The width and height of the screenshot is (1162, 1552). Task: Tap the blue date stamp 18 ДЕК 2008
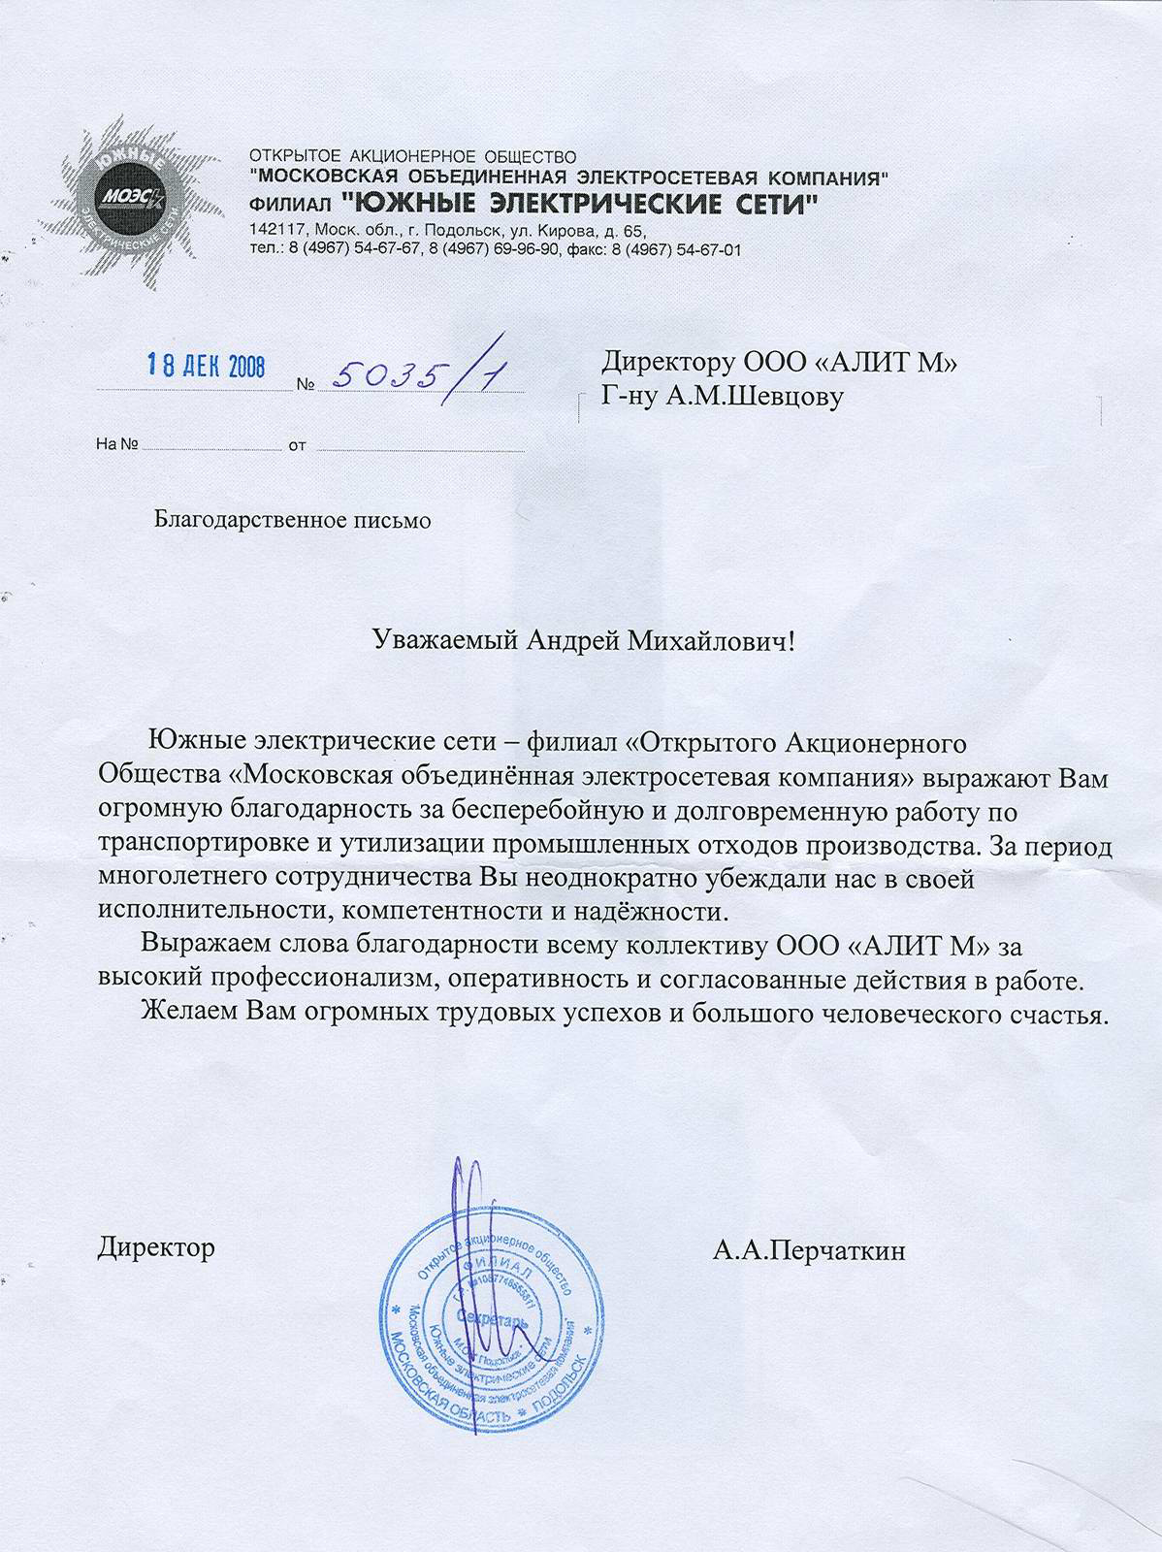pos(206,366)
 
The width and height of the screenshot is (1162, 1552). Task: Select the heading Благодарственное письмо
pos(293,520)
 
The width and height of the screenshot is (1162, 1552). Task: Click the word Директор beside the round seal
pos(156,1246)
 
